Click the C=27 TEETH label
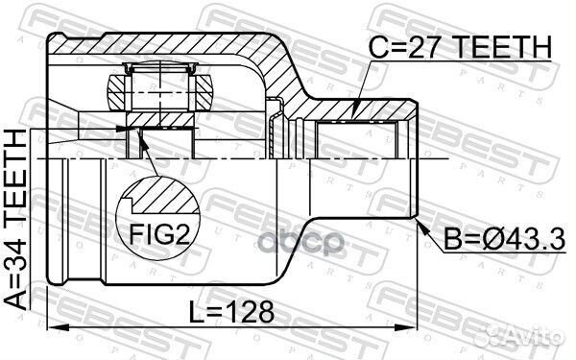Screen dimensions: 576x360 pyautogui.click(x=460, y=47)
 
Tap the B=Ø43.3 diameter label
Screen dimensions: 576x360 pyautogui.click(x=504, y=239)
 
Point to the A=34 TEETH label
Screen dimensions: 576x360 pyautogui.click(x=15, y=219)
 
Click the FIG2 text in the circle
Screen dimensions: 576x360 pyautogui.click(x=159, y=234)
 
